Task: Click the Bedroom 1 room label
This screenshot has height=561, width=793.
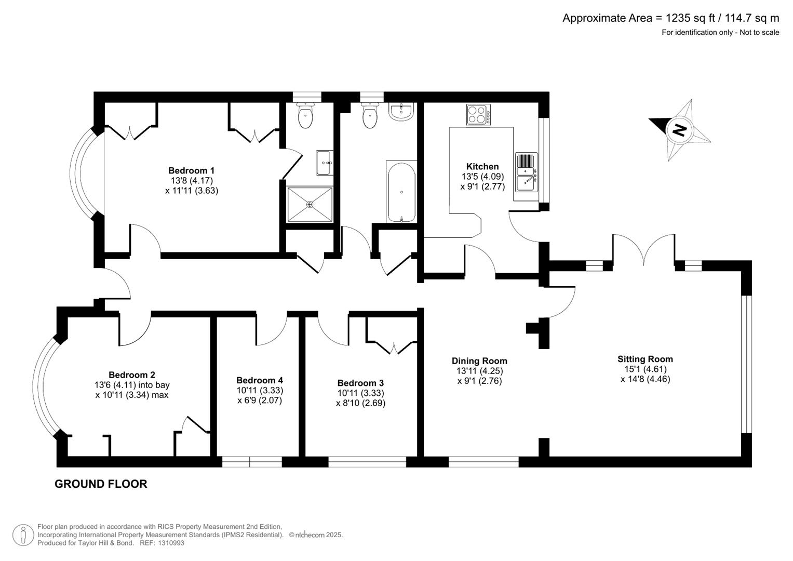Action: click(191, 170)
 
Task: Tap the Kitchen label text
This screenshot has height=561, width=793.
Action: click(482, 166)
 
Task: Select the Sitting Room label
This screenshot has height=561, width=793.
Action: click(645, 359)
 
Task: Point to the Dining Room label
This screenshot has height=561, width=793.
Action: click(479, 361)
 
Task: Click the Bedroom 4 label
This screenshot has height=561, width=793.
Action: click(260, 380)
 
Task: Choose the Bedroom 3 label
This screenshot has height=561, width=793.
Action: click(360, 383)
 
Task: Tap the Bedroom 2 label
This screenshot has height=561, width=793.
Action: click(132, 375)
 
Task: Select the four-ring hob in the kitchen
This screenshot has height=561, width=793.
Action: click(478, 115)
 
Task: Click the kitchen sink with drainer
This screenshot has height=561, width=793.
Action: click(527, 172)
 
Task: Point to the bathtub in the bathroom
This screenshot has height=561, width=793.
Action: click(401, 192)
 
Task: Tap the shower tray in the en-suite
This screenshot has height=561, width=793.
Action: click(310, 205)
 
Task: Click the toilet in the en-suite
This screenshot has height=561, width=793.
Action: click(306, 116)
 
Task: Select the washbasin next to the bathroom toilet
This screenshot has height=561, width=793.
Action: click(400, 112)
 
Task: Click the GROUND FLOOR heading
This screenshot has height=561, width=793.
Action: click(101, 484)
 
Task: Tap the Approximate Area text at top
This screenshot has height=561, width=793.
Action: click(670, 18)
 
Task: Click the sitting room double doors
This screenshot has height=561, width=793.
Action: click(644, 248)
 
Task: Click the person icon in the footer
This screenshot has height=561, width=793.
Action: click(23, 535)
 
